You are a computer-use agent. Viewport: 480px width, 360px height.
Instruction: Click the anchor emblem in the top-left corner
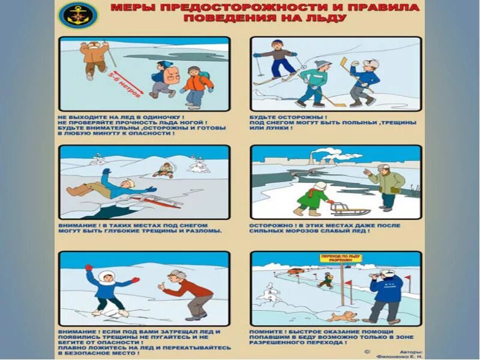pos(79,14)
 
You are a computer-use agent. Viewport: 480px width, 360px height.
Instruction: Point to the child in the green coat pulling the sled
pos(313,198)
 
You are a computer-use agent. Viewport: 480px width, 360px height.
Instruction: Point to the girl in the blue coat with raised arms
pos(107,291)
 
